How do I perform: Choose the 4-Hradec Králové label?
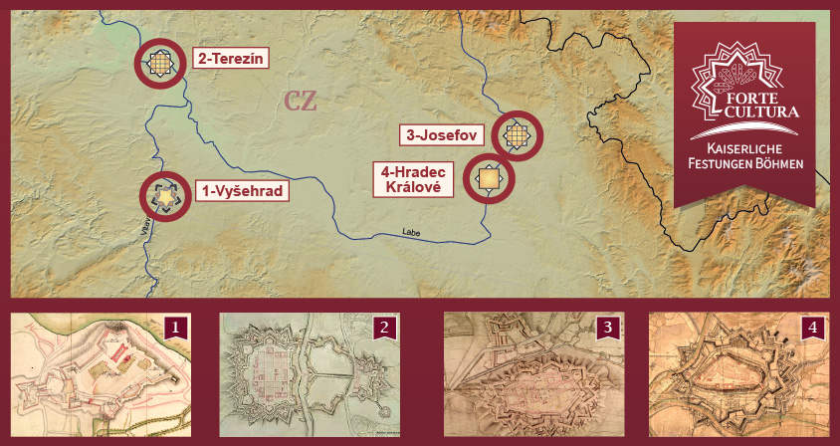[x=412, y=179]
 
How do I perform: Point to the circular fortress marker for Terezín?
[x=161, y=65]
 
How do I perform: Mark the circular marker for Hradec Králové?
[x=490, y=179]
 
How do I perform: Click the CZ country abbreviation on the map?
[x=301, y=102]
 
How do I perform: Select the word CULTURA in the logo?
[x=761, y=113]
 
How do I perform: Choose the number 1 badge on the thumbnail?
[x=176, y=327]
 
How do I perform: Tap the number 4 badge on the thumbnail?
[x=813, y=327]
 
